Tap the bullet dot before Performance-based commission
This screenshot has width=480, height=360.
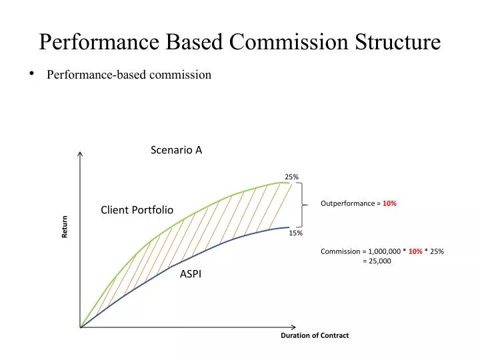tap(31, 74)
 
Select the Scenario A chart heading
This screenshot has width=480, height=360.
tap(176, 150)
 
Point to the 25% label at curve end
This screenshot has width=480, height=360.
tap(291, 177)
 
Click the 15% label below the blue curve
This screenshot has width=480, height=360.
tap(296, 233)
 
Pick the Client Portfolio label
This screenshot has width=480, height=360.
tap(137, 210)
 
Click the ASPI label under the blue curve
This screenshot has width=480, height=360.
tap(191, 274)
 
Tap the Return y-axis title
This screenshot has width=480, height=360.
tap(65, 227)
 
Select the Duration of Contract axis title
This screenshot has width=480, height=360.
tap(314, 335)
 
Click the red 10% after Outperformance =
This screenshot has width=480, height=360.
tap(389, 203)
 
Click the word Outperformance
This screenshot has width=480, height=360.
tap(347, 203)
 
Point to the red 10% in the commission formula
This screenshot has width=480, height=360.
tap(415, 251)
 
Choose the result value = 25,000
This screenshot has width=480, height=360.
tap(377, 261)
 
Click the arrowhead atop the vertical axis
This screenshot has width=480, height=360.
tap(80, 155)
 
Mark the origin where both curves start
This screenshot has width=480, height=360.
tap(81, 327)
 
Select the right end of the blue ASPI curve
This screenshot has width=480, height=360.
tap(289, 228)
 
